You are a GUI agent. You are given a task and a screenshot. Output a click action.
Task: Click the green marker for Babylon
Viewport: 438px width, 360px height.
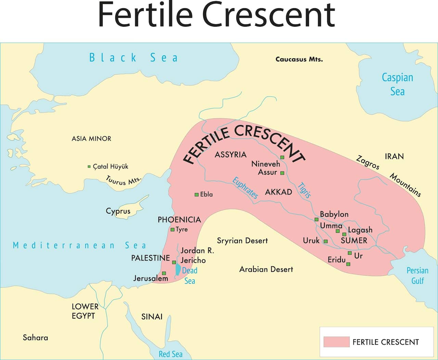click(x=317, y=219)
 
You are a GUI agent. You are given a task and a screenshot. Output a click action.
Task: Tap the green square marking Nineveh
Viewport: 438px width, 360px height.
click(x=282, y=157)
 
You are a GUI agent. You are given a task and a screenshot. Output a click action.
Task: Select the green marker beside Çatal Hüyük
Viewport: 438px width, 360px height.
click(x=89, y=166)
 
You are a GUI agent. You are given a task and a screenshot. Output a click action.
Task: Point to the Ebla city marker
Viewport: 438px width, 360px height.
click(x=196, y=195)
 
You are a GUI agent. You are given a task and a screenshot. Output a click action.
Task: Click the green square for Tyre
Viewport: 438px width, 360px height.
click(x=172, y=229)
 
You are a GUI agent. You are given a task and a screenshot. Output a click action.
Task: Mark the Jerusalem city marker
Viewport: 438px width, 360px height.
click(x=164, y=273)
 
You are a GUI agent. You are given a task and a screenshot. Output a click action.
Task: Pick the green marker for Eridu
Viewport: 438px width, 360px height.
click(x=348, y=264)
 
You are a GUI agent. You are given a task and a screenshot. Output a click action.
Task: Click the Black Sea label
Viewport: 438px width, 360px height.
click(x=133, y=57)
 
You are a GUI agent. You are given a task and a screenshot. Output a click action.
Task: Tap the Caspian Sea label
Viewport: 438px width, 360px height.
click(x=397, y=84)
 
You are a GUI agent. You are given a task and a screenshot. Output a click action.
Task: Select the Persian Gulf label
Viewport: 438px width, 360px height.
click(x=417, y=276)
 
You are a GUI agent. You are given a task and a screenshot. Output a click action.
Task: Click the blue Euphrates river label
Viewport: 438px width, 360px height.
click(x=245, y=188)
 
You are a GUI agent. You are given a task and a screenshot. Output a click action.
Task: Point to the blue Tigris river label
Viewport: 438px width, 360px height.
click(x=304, y=190)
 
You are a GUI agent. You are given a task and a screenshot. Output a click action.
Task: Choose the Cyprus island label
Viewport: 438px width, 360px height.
click(x=118, y=211)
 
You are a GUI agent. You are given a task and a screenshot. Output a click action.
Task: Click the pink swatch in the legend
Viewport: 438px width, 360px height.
click(x=336, y=342)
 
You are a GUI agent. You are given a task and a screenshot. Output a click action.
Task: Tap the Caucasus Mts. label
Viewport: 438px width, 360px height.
click(x=299, y=59)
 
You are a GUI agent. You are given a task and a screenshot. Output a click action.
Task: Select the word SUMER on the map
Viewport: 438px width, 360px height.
click(x=354, y=241)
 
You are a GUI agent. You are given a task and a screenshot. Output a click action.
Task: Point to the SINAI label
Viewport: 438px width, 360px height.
click(x=152, y=317)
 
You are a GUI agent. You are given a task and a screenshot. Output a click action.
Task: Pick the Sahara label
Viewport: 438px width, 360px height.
click(x=35, y=338)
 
